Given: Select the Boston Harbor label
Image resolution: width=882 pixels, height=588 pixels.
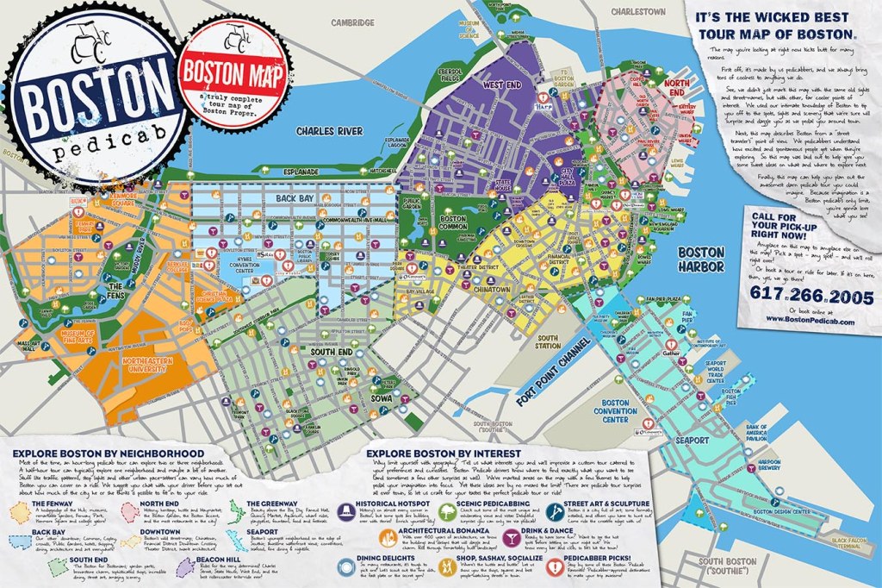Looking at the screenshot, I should point(701,259).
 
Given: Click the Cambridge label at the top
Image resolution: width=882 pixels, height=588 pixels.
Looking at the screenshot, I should point(355,22).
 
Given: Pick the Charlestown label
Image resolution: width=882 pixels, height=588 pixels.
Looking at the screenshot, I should point(638,12).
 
